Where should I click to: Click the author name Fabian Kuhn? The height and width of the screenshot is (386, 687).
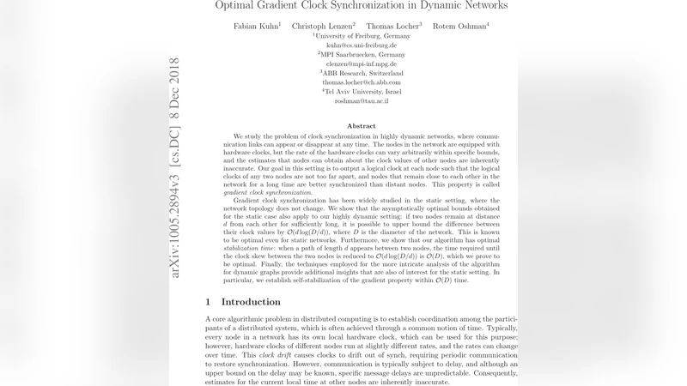(256, 26)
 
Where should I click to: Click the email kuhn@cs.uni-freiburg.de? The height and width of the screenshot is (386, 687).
(362, 45)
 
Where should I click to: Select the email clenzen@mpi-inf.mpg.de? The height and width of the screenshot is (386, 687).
(362, 63)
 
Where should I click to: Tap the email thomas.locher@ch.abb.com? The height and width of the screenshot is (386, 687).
(362, 82)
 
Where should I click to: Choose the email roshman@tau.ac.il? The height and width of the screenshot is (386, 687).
(362, 101)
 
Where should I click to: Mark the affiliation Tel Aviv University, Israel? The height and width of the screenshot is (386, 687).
(362, 92)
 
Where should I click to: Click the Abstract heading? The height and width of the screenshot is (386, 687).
(362, 126)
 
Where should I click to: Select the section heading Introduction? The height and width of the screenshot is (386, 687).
(251, 302)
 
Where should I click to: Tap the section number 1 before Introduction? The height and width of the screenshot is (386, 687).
(209, 302)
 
